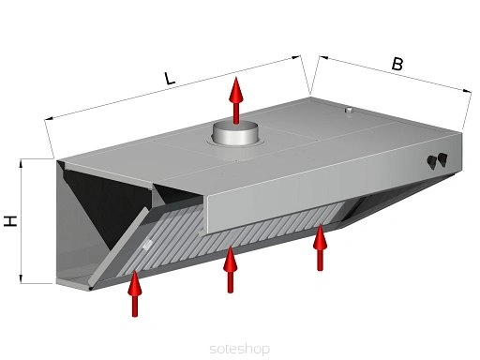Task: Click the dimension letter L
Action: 170,78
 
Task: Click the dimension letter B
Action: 397,64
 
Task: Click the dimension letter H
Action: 10,221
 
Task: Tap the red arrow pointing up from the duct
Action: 236,100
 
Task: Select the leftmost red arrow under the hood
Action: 135,293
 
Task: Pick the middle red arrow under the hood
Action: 231,269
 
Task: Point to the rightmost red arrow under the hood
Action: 320,247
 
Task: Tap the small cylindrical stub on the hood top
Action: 349,111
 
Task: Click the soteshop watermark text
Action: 240,349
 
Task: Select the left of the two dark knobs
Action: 432,162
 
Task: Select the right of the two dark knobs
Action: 442,159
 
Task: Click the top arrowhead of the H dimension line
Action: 21,163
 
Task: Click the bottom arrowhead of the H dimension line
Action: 21,279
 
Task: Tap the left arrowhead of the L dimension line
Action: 49,118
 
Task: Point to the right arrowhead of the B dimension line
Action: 468,91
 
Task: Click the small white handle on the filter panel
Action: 147,244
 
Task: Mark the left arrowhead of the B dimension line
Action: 323,58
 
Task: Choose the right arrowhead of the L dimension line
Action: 295,57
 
